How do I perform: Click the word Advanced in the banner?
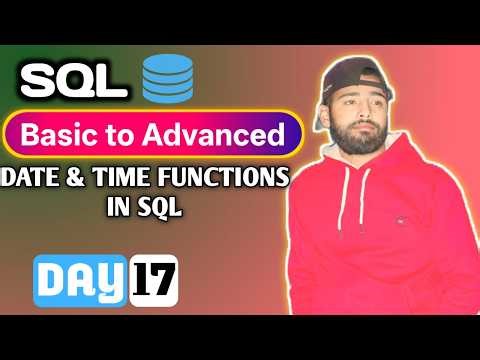(226, 133)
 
